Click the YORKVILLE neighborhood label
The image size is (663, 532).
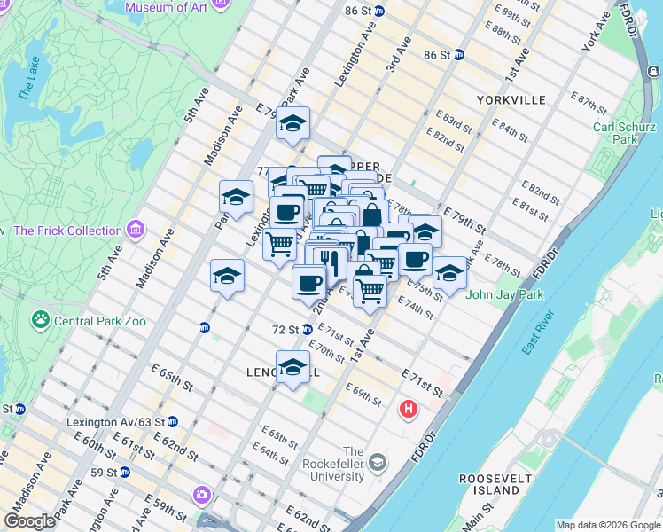pyautogui.click(x=511, y=100)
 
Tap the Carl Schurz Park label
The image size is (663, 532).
pyautogui.click(x=615, y=133)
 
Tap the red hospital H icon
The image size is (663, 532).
pyautogui.click(x=408, y=409)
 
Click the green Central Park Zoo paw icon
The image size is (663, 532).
pyautogui.click(x=40, y=319)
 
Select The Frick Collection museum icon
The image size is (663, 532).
pyautogui.click(x=136, y=231)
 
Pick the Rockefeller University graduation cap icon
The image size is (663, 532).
pyautogui.click(x=378, y=463)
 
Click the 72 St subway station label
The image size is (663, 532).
pyautogui.click(x=285, y=329)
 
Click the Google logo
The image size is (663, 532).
pyautogui.click(x=29, y=521)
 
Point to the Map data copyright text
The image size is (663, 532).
pyautogui.click(x=607, y=525)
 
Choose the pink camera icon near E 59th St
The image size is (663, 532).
pyautogui.click(x=203, y=494)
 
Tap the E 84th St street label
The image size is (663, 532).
pyautogui.click(x=510, y=129)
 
